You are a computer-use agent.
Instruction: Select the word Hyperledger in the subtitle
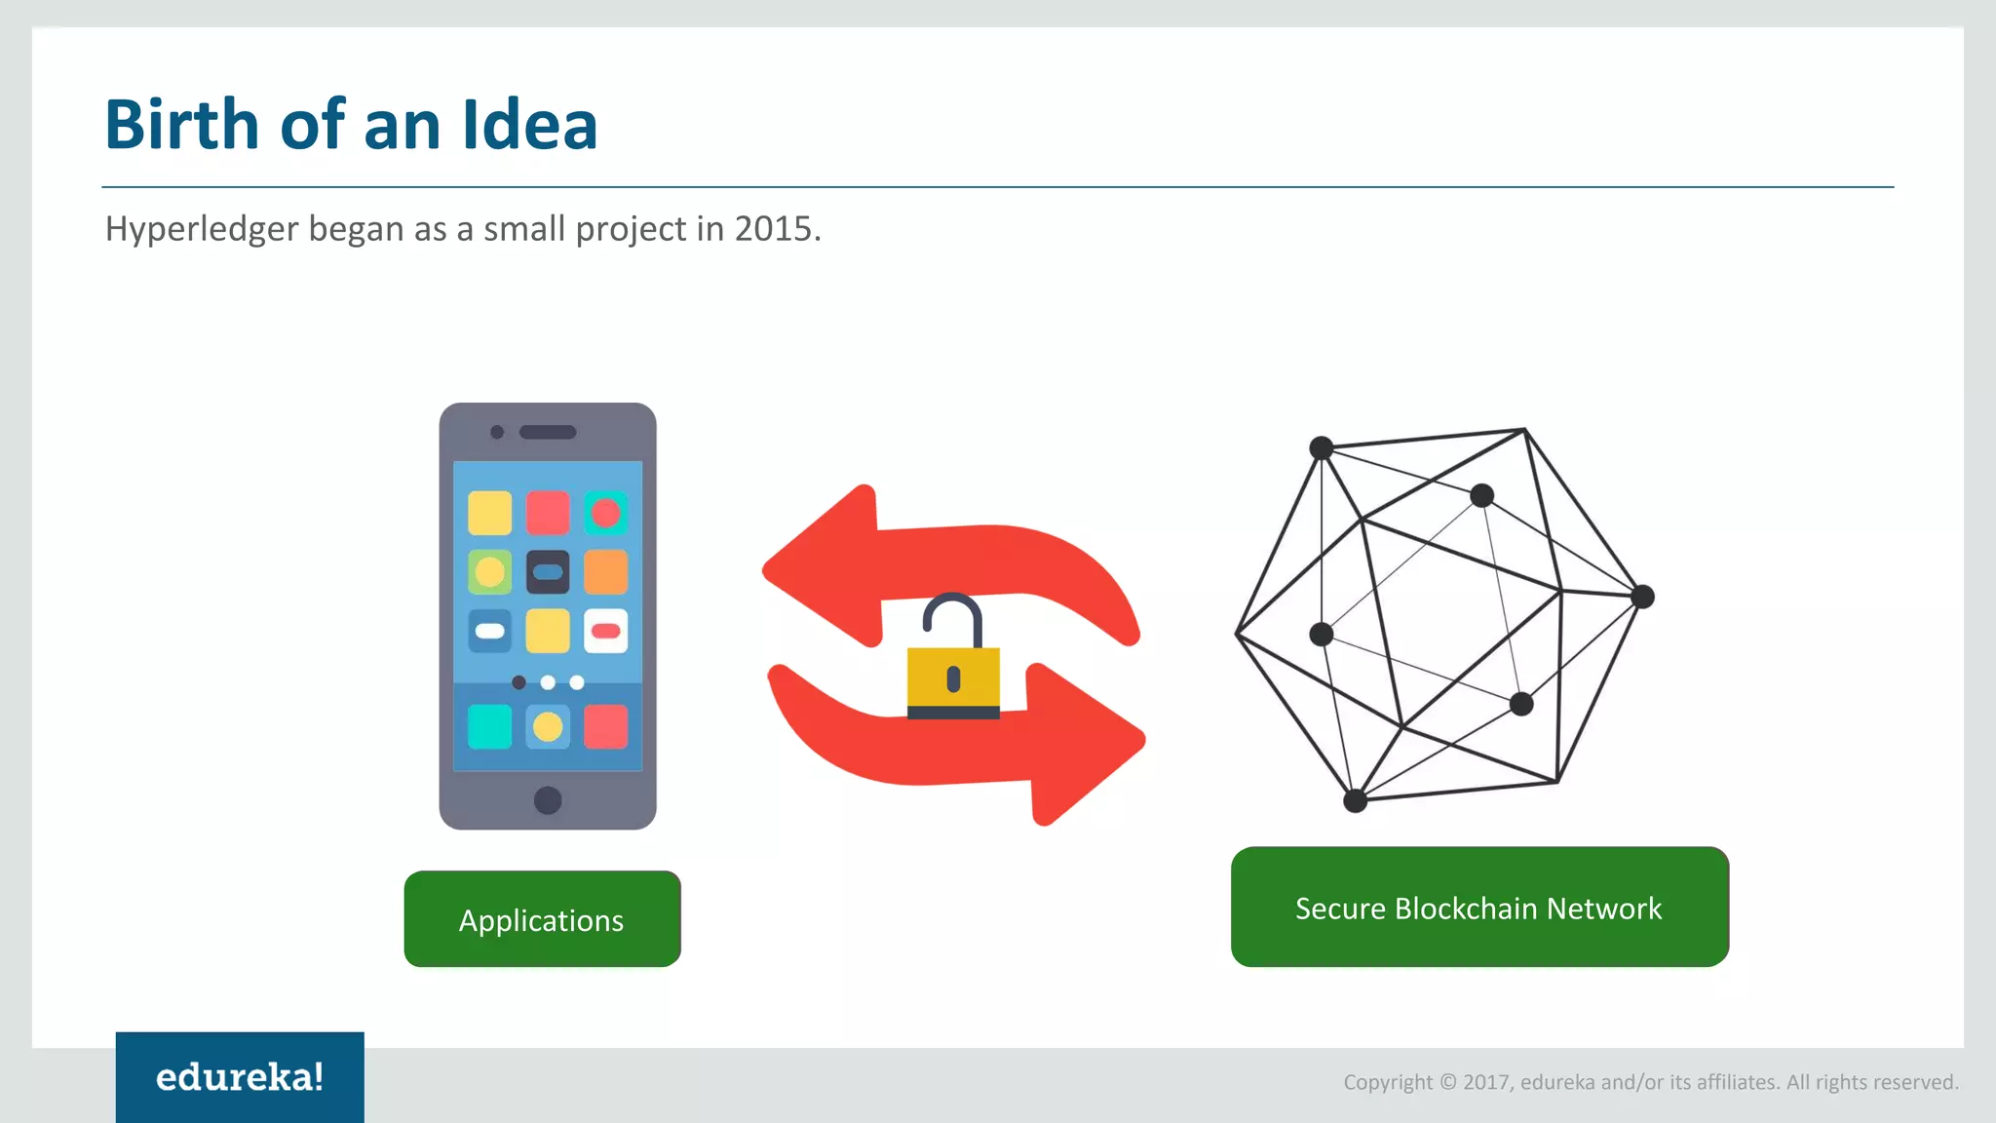(x=201, y=229)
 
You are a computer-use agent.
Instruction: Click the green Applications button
(x=542, y=919)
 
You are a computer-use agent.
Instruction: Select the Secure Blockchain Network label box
(x=1478, y=908)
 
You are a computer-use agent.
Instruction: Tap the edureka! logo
(x=240, y=1077)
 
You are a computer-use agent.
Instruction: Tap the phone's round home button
(x=548, y=800)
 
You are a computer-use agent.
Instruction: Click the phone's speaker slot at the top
(x=548, y=432)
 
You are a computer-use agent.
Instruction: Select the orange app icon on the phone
(x=605, y=572)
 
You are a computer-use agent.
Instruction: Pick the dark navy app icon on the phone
(x=548, y=572)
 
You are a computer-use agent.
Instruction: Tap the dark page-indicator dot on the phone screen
(x=518, y=682)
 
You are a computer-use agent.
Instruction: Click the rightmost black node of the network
(x=1642, y=597)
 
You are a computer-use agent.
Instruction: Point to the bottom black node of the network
(x=1355, y=801)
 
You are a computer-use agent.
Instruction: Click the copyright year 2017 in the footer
(x=1486, y=1082)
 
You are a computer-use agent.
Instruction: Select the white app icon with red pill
(x=605, y=631)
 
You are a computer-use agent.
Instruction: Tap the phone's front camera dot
(x=497, y=432)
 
